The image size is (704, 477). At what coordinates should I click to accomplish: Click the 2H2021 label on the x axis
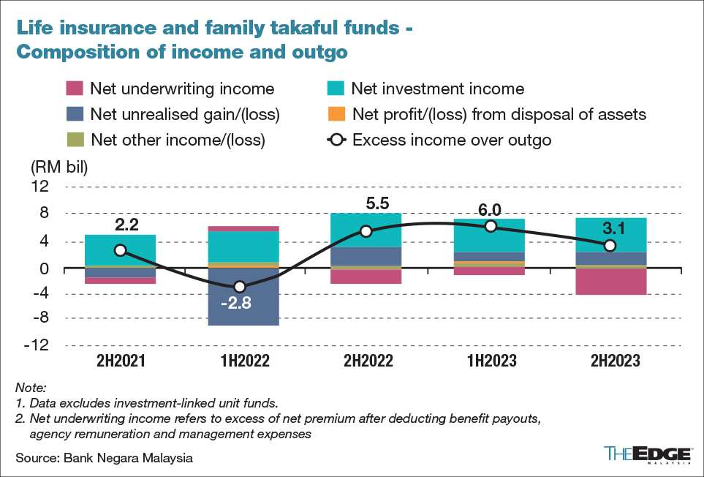[121, 361]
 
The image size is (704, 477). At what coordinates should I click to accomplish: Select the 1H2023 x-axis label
[491, 361]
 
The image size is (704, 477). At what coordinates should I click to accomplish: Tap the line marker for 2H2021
[121, 250]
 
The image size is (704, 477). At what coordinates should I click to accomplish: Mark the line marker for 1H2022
[239, 286]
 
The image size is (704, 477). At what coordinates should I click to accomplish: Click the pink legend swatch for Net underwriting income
[74, 89]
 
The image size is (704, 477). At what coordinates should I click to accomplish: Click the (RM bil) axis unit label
[58, 166]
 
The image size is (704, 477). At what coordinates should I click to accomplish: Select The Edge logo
[648, 453]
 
